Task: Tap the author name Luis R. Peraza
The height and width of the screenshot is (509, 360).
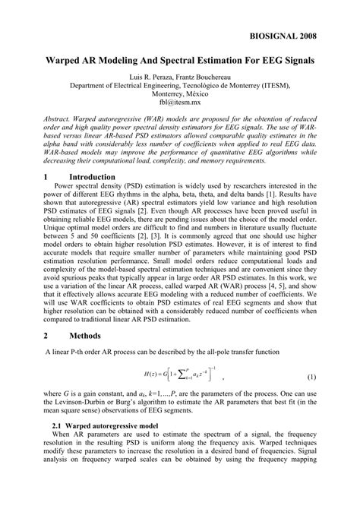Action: coord(154,77)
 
